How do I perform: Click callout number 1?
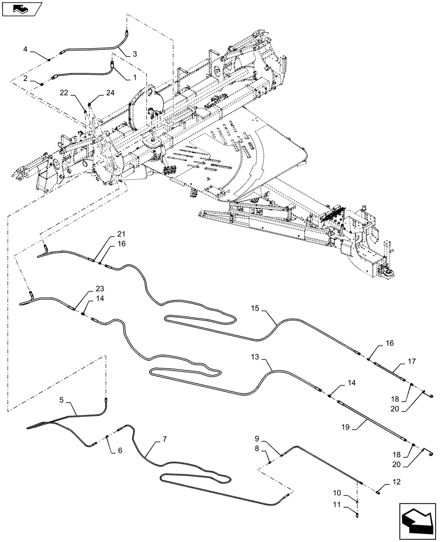click(x=134, y=78)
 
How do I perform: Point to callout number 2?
click(x=25, y=78)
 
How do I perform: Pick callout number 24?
click(x=111, y=93)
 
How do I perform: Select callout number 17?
click(x=411, y=362)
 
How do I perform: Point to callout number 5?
click(x=61, y=401)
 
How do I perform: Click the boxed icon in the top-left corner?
click(x=21, y=9)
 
